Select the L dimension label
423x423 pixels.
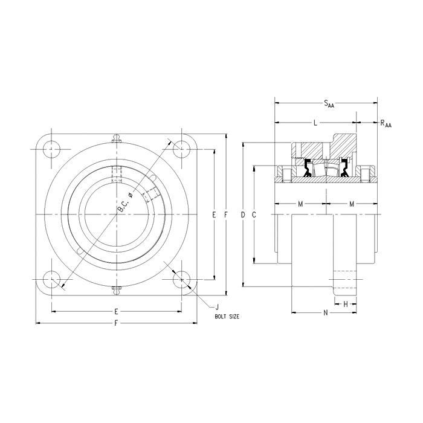click(x=315, y=123)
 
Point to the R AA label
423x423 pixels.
click(x=385, y=124)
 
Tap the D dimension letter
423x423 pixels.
click(x=243, y=215)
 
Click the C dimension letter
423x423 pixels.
click(x=254, y=215)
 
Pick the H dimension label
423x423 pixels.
click(x=346, y=304)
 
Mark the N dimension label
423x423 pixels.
click(x=325, y=312)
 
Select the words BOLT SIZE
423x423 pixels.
click(x=227, y=316)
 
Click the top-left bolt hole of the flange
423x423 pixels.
click(x=51, y=149)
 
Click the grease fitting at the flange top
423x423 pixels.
click(x=116, y=140)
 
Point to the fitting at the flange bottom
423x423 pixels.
click(x=116, y=289)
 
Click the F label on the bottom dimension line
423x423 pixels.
click(x=116, y=323)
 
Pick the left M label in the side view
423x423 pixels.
click(x=301, y=204)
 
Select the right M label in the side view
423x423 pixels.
click(x=352, y=204)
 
